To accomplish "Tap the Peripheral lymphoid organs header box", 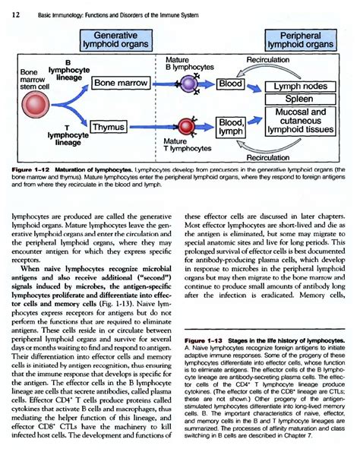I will [x=300, y=40].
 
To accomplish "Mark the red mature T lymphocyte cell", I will [x=187, y=123].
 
